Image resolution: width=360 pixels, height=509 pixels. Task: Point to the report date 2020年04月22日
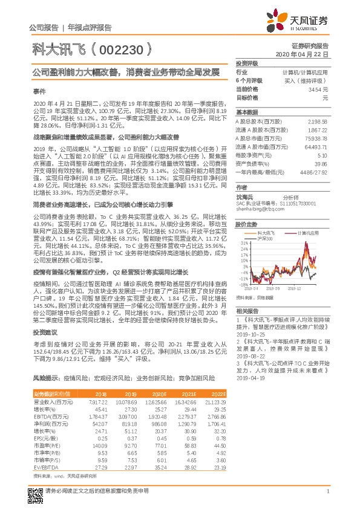(x=309, y=54)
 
